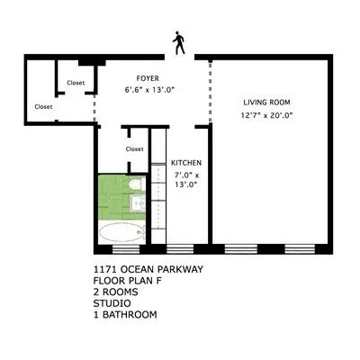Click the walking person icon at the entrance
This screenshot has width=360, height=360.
click(x=180, y=41)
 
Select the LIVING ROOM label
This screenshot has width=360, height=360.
click(x=267, y=103)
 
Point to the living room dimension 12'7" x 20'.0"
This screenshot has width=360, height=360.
click(x=267, y=114)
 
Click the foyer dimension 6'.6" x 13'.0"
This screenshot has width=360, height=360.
click(x=148, y=89)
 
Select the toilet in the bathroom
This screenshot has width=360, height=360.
click(x=135, y=186)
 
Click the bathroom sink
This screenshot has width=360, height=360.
click(x=139, y=206)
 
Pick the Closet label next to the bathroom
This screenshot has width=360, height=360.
click(x=134, y=148)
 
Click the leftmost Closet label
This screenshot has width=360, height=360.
click(x=43, y=106)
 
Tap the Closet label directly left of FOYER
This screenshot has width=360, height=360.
click(x=76, y=83)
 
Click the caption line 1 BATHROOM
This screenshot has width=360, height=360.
click(x=125, y=315)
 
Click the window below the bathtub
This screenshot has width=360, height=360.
click(x=121, y=247)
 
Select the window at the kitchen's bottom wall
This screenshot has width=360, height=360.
click(x=180, y=247)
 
